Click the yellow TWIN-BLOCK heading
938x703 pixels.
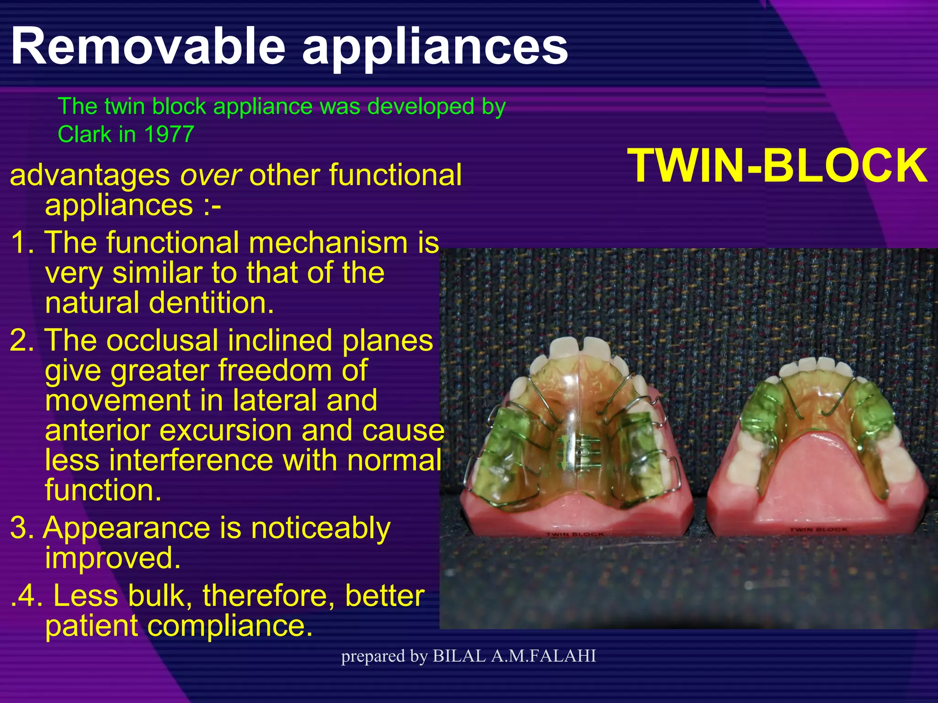pos(777,167)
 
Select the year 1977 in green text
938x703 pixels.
pos(169,135)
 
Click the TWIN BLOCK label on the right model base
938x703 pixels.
pos(818,530)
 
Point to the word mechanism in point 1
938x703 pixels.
pos(327,243)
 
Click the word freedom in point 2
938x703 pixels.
pos(293,371)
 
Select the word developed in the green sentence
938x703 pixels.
pos(420,107)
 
